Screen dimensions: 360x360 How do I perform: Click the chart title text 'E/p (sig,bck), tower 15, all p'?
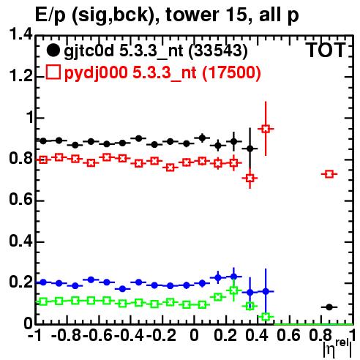[x=167, y=15]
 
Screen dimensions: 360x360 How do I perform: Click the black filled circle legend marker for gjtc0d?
[x=53, y=50]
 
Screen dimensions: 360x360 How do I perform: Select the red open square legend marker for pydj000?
[x=53, y=72]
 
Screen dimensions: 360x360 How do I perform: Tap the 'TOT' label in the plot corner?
[x=326, y=50]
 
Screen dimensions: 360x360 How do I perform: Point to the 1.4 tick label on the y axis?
[x=20, y=34]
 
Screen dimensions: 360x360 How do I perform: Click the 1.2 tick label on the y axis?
[x=20, y=76]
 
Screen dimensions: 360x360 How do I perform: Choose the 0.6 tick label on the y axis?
[x=20, y=200]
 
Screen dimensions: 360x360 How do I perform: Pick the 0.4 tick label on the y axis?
[x=20, y=241]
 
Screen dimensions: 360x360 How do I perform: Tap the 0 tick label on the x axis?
[x=194, y=335]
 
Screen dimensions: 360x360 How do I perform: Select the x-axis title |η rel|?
[x=337, y=349]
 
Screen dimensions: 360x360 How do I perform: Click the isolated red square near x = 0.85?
[x=329, y=174]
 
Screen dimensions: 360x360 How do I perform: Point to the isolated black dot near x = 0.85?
[x=329, y=307]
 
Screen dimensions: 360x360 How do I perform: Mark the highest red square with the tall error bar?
[x=266, y=129]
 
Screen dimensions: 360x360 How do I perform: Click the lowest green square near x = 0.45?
[x=266, y=317]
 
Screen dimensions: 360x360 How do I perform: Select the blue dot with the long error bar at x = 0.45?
[x=266, y=291]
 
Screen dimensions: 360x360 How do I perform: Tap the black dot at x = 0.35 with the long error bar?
[x=250, y=149]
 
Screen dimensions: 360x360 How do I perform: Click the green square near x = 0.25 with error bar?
[x=234, y=290]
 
